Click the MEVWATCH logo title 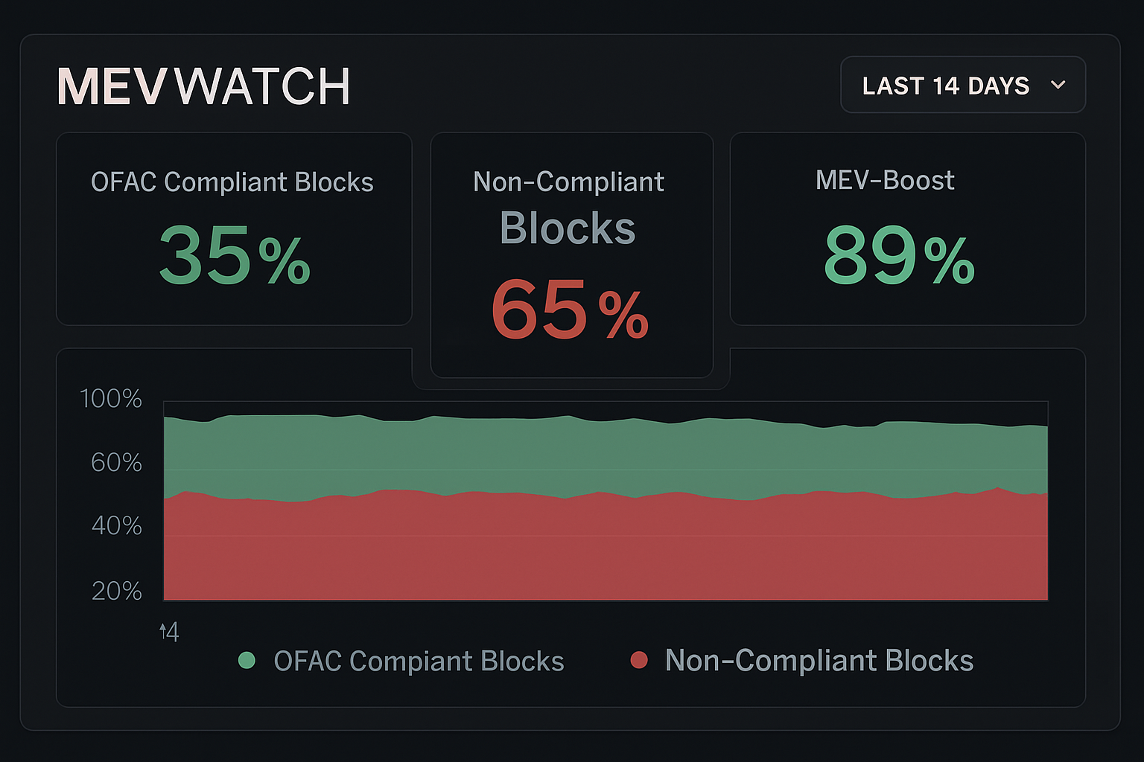[x=203, y=87]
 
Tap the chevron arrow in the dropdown [x=1058, y=85]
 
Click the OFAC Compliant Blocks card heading [x=232, y=182]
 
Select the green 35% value [x=234, y=256]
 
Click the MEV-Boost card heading [x=885, y=180]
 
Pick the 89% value [x=898, y=256]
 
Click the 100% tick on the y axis [x=111, y=399]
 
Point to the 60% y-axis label [x=116, y=463]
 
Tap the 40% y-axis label [x=116, y=526]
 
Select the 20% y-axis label [x=116, y=591]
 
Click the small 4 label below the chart [x=171, y=633]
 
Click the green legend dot [x=247, y=660]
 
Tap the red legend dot [x=638, y=660]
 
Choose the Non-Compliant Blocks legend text [x=819, y=661]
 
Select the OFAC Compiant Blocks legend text [x=419, y=662]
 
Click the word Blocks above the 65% [x=568, y=228]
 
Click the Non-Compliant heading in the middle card [x=568, y=182]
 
